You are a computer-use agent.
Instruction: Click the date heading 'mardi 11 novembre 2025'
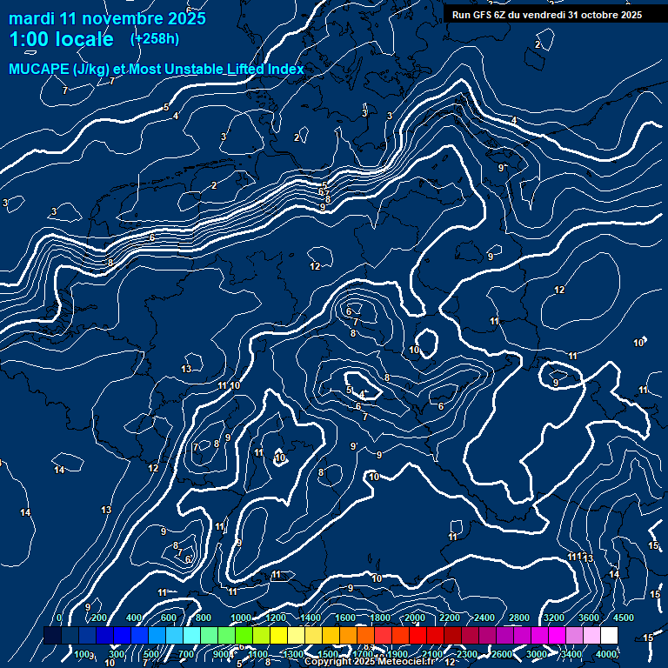point(107,18)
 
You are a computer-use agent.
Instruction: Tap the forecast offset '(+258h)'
point(154,38)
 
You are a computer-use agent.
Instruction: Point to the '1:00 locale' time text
point(61,39)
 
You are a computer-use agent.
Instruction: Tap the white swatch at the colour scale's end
point(609,636)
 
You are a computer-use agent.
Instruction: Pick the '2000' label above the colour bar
point(415,618)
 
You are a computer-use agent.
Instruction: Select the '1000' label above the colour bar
point(241,618)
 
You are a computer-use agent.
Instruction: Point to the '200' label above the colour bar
point(99,618)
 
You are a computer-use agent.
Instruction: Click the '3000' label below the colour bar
point(537,654)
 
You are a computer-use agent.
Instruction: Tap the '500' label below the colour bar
point(151,654)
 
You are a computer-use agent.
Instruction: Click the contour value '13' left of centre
point(186,370)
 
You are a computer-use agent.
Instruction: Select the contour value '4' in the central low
point(362,395)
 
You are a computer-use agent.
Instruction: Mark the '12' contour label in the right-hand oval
point(559,290)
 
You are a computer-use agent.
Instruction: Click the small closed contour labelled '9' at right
point(555,381)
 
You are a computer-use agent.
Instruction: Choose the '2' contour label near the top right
point(538,44)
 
